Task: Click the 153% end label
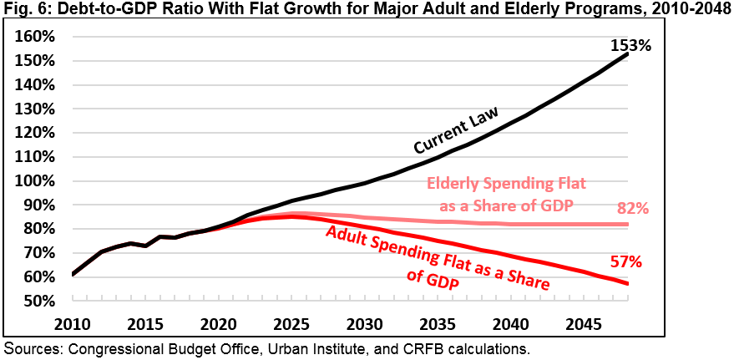[630, 45]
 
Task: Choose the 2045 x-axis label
[581, 322]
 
